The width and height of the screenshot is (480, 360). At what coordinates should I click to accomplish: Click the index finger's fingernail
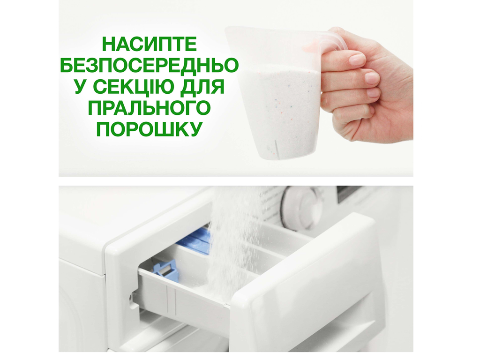tap(357, 60)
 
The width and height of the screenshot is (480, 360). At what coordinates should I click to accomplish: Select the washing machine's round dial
tap(302, 208)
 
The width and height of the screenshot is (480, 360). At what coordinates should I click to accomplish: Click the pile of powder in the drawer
tap(220, 286)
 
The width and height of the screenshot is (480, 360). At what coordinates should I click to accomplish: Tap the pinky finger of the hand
tap(356, 111)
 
